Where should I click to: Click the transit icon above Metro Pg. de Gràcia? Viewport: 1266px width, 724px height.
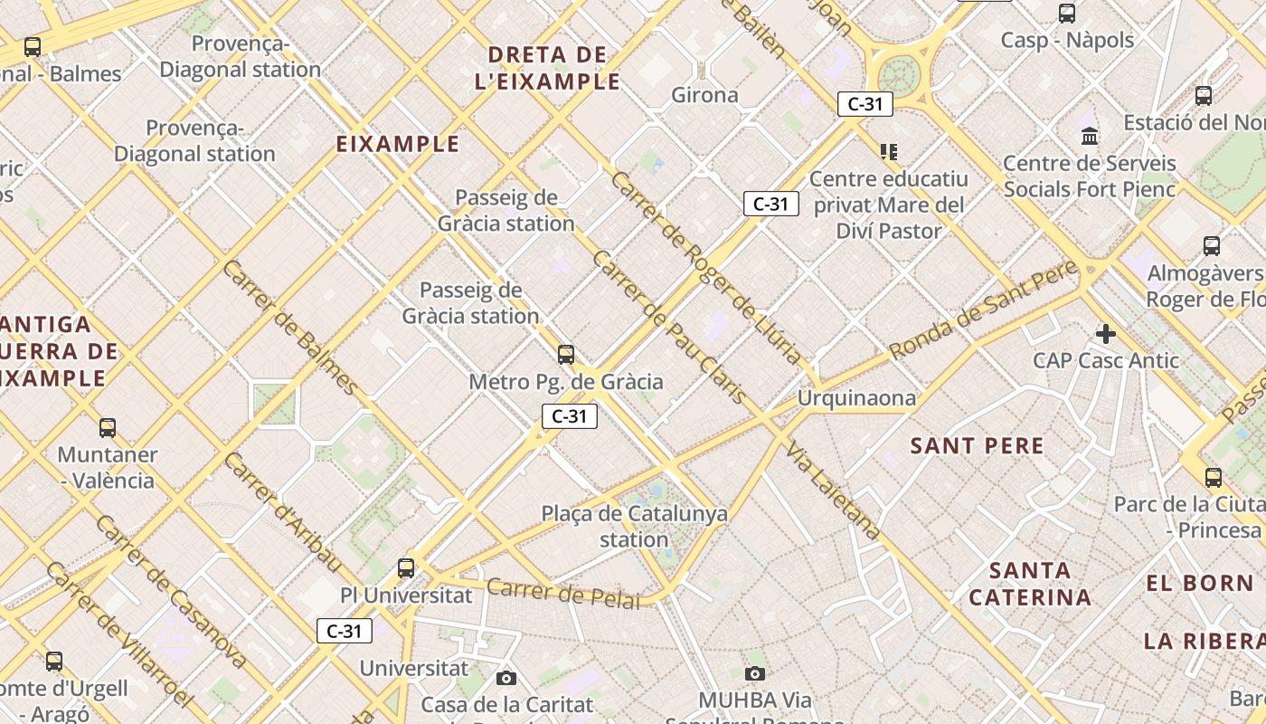click(x=566, y=354)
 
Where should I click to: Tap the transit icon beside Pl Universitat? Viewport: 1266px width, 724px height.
click(x=406, y=568)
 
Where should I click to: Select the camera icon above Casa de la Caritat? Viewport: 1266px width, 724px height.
click(x=506, y=677)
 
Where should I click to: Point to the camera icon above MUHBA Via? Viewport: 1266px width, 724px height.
click(x=755, y=672)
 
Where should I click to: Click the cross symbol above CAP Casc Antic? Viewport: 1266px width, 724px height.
click(x=1105, y=334)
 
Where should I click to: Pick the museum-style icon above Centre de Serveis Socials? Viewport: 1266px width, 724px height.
click(x=1090, y=137)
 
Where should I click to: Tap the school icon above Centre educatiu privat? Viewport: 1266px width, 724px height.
click(x=888, y=151)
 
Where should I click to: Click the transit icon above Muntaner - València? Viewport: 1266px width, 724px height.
click(x=108, y=427)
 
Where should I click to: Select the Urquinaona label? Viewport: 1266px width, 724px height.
click(x=856, y=398)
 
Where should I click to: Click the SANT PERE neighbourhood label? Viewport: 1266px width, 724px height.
click(x=977, y=445)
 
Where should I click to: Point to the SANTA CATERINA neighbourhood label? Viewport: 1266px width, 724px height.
click(x=1030, y=584)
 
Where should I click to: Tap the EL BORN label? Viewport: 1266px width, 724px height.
click(x=1200, y=584)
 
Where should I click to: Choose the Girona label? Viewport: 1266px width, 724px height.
click(x=704, y=95)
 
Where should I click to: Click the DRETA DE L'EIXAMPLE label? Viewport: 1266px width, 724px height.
click(x=547, y=68)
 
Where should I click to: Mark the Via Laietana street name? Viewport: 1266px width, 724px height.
click(x=833, y=491)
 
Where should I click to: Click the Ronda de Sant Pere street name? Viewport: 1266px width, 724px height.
click(x=983, y=310)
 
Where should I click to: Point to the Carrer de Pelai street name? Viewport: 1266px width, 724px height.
click(x=563, y=594)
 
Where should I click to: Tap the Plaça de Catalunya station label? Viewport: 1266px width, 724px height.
click(x=634, y=527)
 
